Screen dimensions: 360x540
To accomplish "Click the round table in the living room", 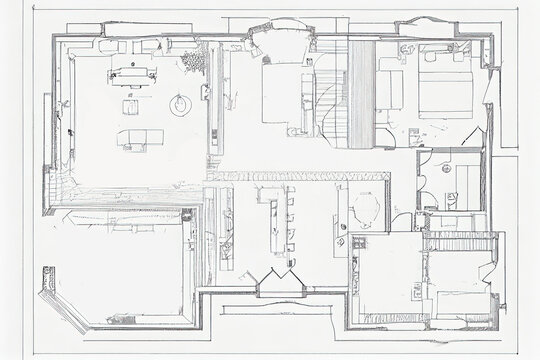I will click(180, 102).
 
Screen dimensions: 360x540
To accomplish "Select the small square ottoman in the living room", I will click(131, 106).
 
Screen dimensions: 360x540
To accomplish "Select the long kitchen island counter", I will click(267, 220).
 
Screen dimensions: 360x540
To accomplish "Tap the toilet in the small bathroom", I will click(452, 200).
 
